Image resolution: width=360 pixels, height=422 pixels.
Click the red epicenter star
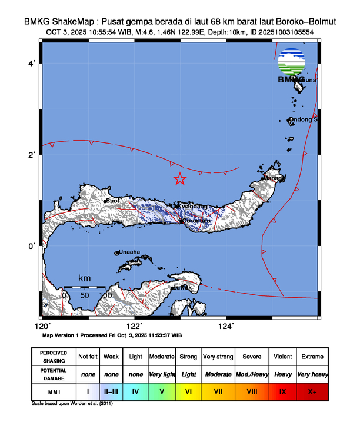[180, 179]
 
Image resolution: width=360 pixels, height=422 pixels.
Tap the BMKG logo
[292, 65]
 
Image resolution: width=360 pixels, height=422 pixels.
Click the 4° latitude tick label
[34, 62]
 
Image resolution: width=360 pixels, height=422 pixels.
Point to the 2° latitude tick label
[34, 154]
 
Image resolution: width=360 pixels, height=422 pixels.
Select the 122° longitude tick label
[134, 326]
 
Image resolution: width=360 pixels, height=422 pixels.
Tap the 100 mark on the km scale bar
[105, 295]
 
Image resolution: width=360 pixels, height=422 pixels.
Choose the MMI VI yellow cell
[189, 391]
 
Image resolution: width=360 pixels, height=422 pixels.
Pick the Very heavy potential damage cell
[312, 374]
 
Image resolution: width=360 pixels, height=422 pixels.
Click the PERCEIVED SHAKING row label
[54, 357]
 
